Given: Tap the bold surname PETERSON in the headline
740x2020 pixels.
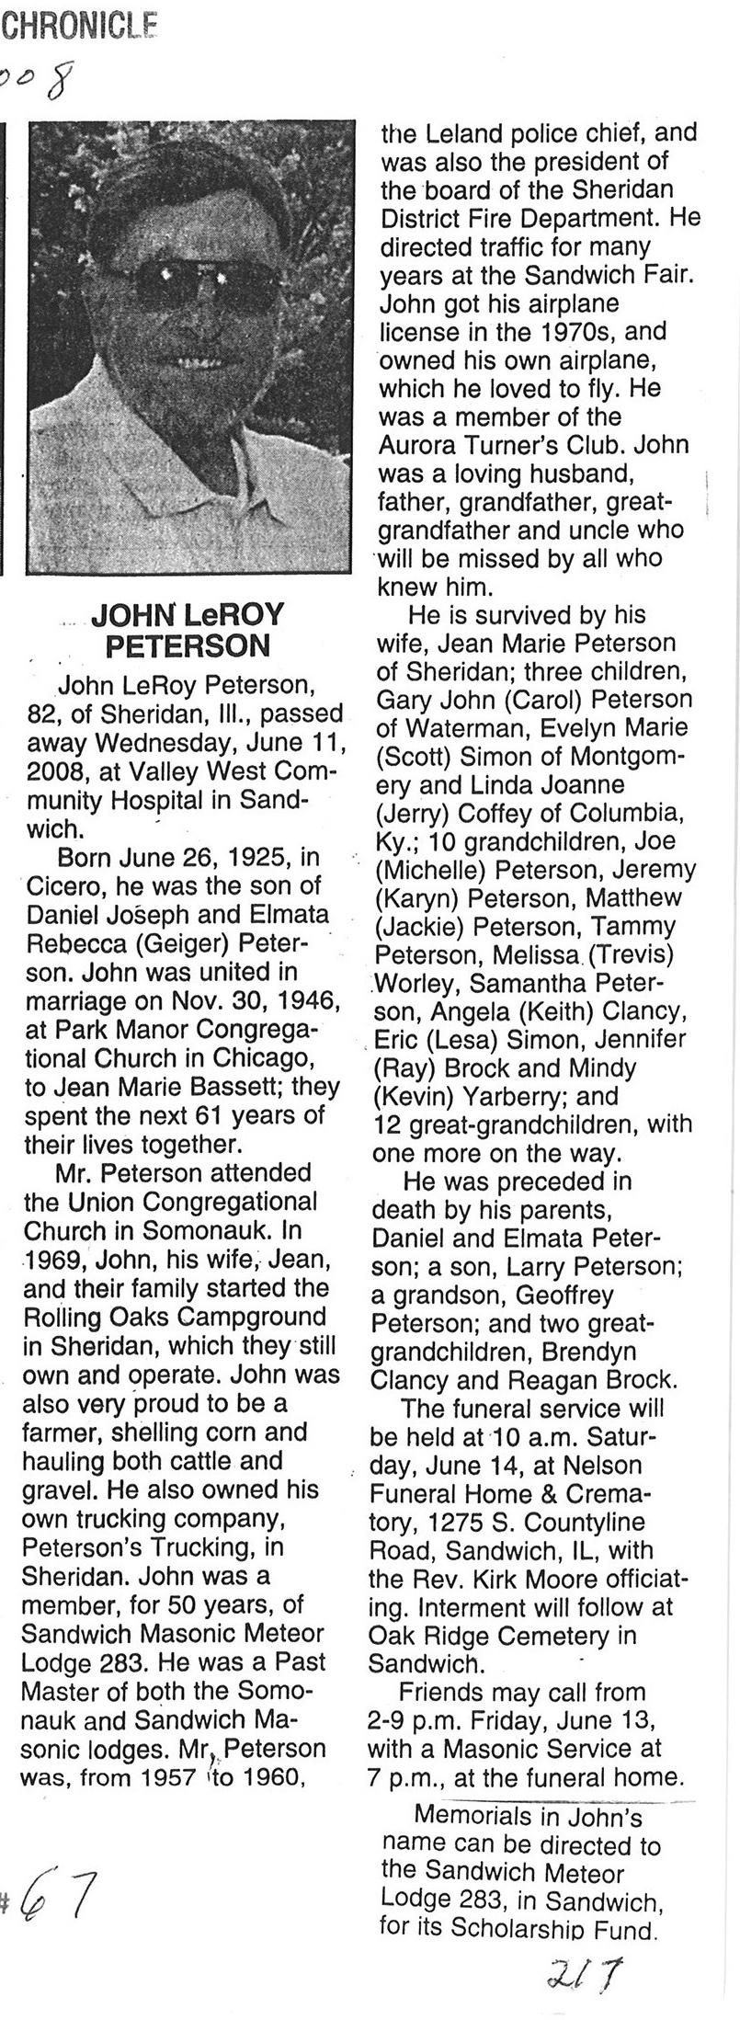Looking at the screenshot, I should pos(188,645).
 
